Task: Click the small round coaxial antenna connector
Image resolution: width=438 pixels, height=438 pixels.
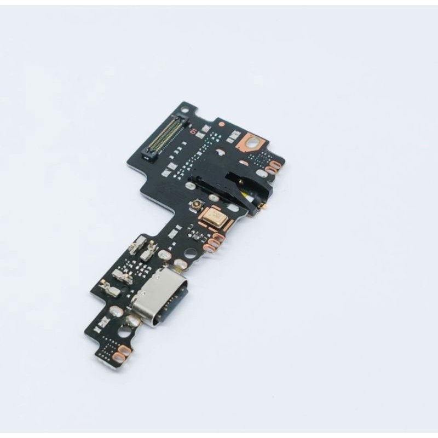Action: pyautogui.click(x=194, y=206)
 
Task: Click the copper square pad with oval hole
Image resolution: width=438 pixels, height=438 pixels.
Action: pyautogui.click(x=252, y=141)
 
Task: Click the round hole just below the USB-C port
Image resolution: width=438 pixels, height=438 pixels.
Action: pyautogui.click(x=125, y=332)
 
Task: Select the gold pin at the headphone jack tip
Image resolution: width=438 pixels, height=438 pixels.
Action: pyautogui.click(x=262, y=206)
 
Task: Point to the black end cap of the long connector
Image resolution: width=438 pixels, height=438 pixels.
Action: pyautogui.click(x=148, y=155)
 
